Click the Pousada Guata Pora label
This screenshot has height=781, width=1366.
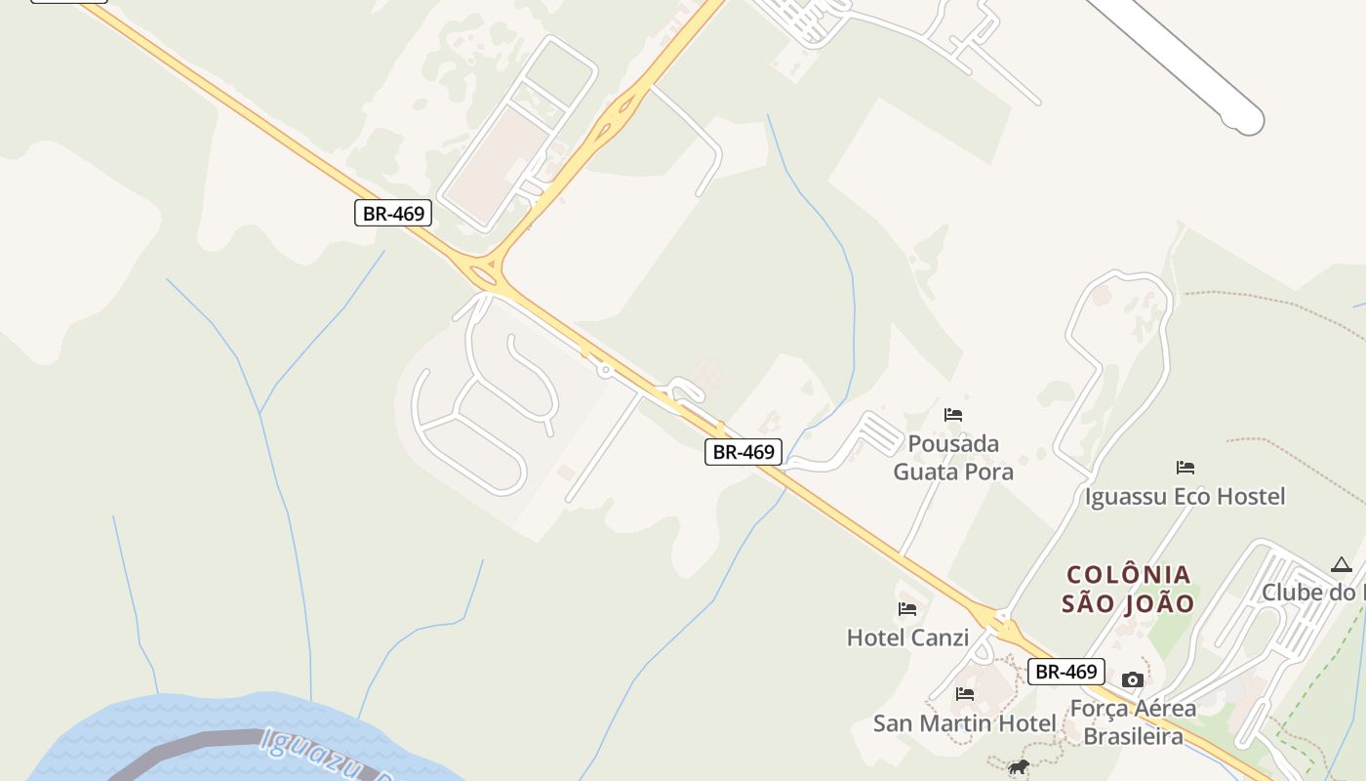tap(953, 458)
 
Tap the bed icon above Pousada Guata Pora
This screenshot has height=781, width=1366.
tap(953, 415)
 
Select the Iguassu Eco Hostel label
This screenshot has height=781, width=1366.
tap(1185, 497)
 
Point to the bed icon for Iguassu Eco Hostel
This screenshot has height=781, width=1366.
tap(1185, 468)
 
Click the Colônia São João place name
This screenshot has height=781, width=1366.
tap(1128, 589)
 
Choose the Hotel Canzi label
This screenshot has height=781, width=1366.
tap(907, 638)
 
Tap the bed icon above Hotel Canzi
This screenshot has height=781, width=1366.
tap(907, 609)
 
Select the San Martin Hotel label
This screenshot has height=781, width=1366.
tap(964, 723)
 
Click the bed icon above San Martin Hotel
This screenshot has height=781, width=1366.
tap(965, 694)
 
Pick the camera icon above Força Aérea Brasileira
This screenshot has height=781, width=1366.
tap(1132, 679)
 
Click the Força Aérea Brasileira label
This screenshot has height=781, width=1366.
tap(1133, 721)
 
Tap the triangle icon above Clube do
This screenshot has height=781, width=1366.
tap(1342, 565)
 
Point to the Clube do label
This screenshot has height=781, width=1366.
tap(1312, 593)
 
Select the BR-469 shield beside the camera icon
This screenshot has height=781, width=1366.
tap(1065, 672)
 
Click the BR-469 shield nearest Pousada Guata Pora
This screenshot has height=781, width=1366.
tap(743, 452)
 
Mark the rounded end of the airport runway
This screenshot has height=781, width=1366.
tap(1248, 121)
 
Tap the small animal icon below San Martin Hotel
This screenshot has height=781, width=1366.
tap(1019, 767)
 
